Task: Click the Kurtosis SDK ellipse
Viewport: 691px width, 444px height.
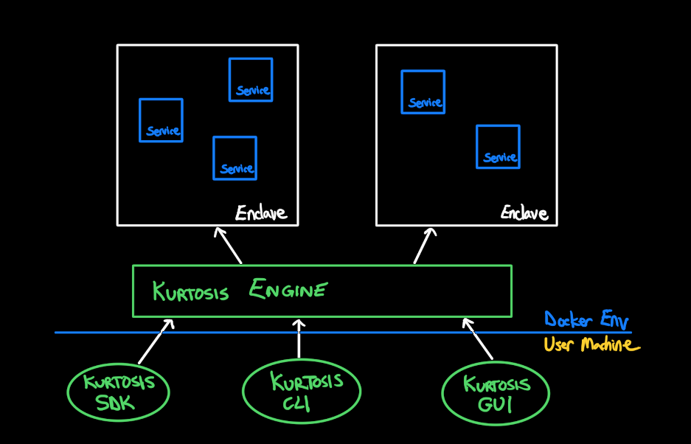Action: [118, 392]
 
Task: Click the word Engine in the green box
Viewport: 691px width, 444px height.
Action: [288, 290]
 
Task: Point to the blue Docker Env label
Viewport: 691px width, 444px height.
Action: [586, 320]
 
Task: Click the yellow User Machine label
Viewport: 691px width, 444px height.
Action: [591, 344]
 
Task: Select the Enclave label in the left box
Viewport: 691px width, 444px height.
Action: [260, 214]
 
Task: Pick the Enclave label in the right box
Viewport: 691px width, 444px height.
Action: [524, 214]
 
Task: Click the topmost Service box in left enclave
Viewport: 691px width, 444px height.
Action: [251, 80]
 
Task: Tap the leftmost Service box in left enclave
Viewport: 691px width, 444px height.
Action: [161, 120]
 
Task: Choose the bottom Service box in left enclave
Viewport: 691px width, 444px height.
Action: [235, 158]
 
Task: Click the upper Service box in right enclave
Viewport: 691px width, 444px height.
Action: [423, 92]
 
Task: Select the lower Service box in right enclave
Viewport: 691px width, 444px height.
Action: [498, 147]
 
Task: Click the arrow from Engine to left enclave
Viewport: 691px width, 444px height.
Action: [229, 245]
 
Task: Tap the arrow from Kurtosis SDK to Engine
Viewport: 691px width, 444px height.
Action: [156, 341]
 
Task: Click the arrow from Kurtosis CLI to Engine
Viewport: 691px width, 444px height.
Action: [299, 339]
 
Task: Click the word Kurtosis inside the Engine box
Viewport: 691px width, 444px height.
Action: [191, 291]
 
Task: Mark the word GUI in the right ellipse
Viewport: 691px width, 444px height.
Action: [496, 405]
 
